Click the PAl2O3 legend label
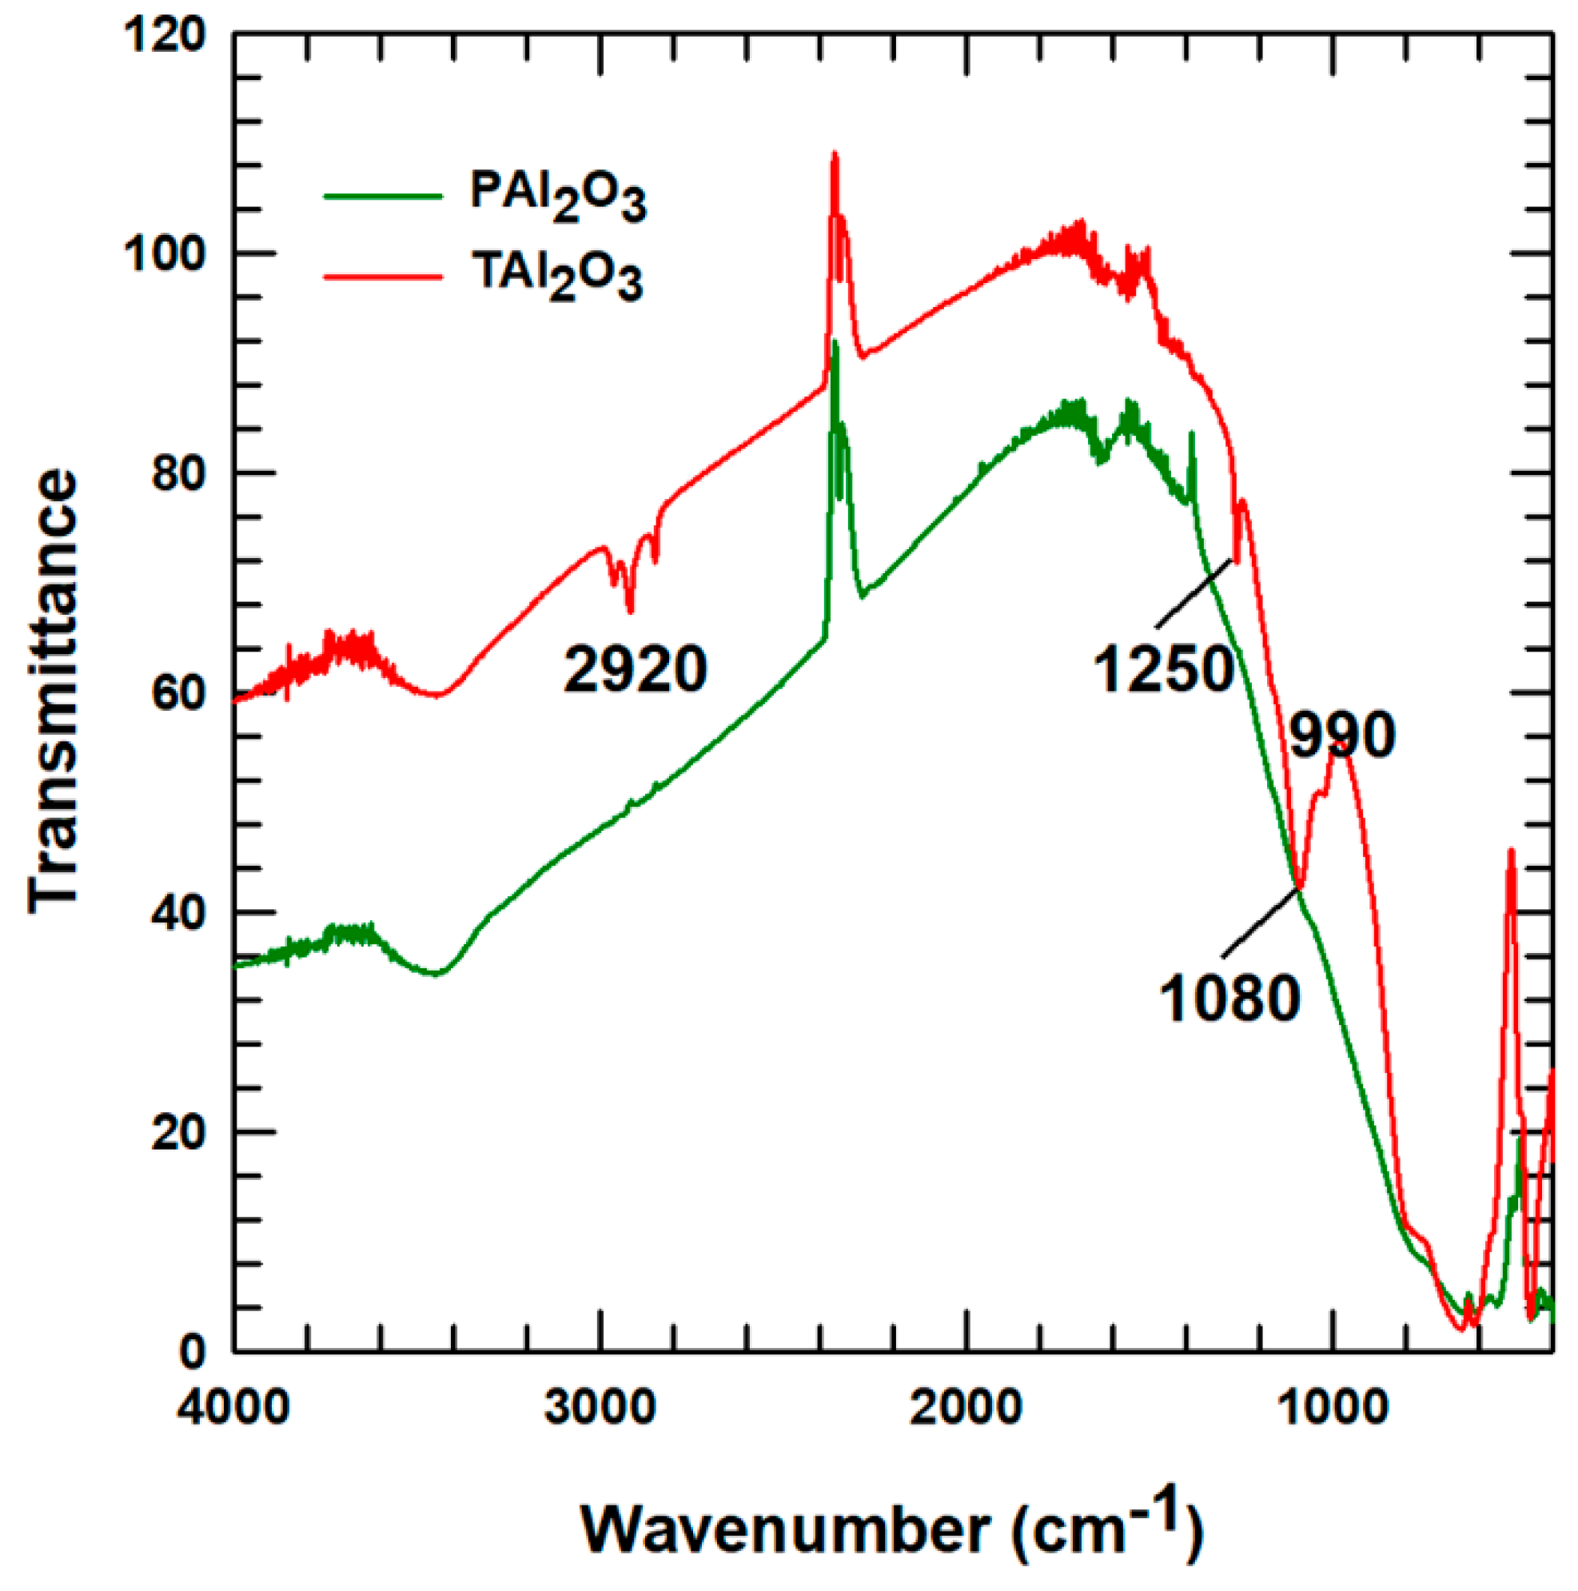(x=557, y=196)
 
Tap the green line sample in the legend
(x=383, y=196)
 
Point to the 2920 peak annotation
(x=635, y=668)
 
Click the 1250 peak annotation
(x=1163, y=668)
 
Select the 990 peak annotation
(x=1341, y=736)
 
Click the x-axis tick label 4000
(x=233, y=1406)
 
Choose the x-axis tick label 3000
(x=600, y=1406)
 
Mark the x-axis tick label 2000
(x=966, y=1406)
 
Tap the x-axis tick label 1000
(x=1333, y=1406)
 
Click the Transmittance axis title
(x=54, y=692)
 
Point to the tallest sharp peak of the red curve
(x=835, y=154)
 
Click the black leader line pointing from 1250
(x=1194, y=594)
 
